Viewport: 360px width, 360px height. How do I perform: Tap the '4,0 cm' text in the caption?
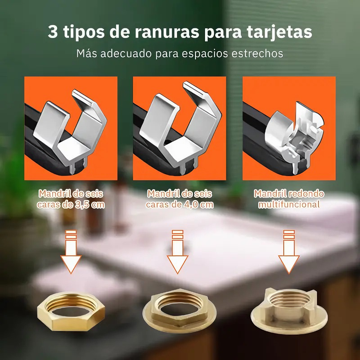199,204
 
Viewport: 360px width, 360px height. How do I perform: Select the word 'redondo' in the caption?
306,194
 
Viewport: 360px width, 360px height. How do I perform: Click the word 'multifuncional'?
289,204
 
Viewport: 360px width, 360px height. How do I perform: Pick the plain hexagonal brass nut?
71,311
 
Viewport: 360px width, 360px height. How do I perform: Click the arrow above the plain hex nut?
71,252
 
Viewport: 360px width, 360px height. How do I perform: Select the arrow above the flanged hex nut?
177,252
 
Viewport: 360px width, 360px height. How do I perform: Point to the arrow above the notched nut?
289,252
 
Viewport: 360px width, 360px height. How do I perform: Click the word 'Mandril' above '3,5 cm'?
54,194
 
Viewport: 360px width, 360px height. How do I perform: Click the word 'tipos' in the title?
83,32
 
